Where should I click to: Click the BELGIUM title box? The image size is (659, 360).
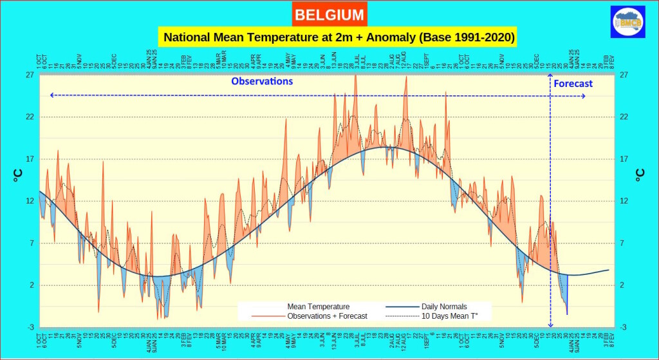click(329, 14)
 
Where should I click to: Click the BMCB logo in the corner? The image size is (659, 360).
click(628, 22)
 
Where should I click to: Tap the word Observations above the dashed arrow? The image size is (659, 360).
click(262, 81)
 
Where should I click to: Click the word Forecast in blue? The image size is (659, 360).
click(573, 84)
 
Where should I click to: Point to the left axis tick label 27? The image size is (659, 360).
click(30, 75)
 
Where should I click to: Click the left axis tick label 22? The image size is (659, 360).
click(30, 117)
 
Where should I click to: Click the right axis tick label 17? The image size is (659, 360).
click(623, 159)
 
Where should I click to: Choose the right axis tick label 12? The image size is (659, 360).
click(623, 201)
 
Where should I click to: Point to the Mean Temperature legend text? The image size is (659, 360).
click(319, 307)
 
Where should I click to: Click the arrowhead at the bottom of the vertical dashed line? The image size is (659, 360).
click(550, 325)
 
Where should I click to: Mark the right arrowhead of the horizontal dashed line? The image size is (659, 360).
click(583, 96)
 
